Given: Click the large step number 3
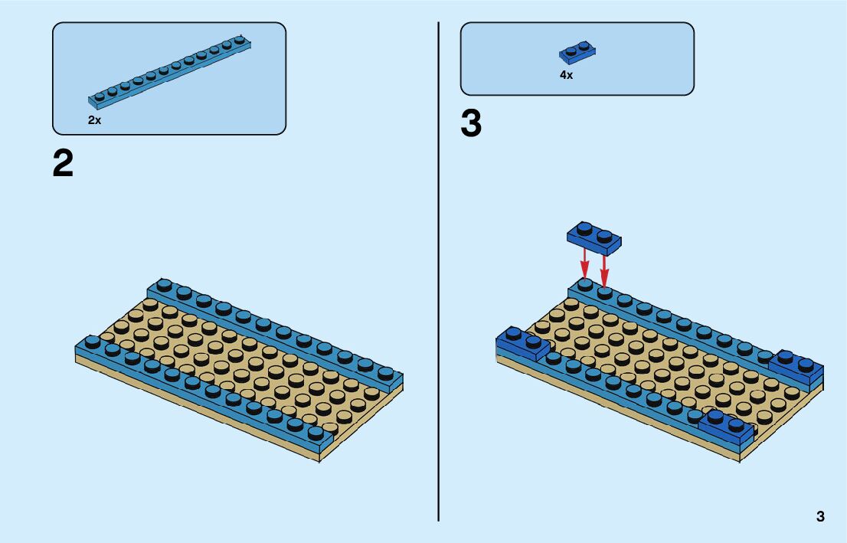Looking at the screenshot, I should click(471, 124).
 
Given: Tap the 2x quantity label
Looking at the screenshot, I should click(94, 120).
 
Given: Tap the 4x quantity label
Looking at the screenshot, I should click(566, 75).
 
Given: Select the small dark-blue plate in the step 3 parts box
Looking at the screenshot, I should click(577, 53).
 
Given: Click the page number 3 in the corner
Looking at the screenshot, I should click(820, 516).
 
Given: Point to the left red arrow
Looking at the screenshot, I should click(584, 264).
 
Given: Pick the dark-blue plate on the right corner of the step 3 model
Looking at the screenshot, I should click(796, 367).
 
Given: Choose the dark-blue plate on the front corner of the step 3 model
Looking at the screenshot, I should click(725, 425).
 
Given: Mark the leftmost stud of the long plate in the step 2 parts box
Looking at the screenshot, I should click(100, 96).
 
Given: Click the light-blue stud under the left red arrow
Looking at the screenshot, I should click(584, 284).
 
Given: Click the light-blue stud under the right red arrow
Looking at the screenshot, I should click(604, 292).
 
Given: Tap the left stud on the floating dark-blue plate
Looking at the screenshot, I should click(584, 228).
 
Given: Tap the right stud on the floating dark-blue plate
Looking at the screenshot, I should click(605, 235).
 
